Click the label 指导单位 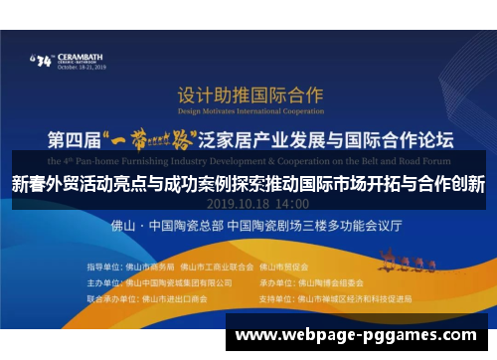[104, 267]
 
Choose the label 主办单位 [104, 281]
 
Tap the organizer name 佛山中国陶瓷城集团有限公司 [186, 281]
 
